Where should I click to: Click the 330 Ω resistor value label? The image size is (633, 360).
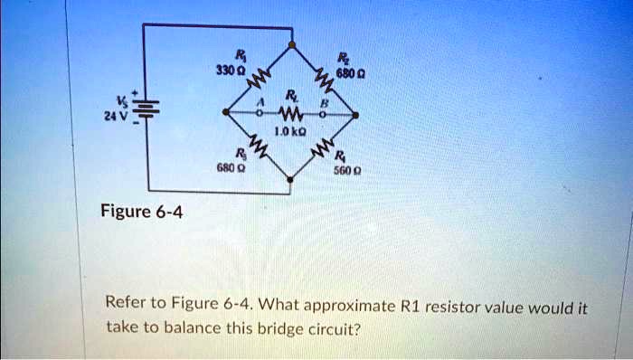click(x=226, y=71)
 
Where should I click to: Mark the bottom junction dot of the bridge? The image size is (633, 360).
click(x=290, y=179)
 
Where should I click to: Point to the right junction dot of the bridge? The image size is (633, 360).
click(x=355, y=115)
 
